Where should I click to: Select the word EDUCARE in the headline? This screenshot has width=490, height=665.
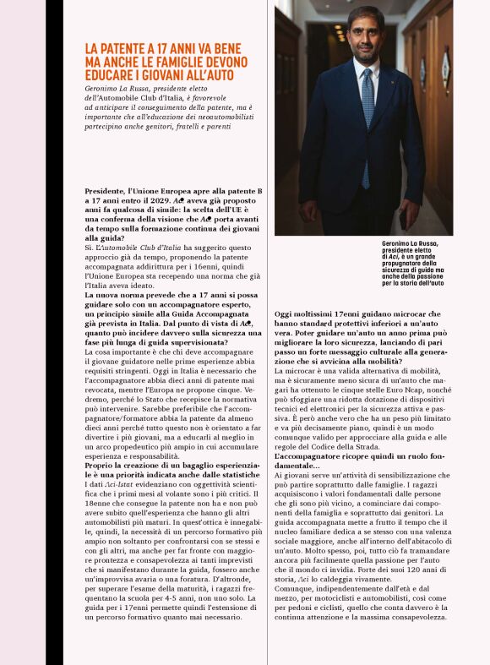[110, 75]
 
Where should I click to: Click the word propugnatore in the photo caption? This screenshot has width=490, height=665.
[403, 264]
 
